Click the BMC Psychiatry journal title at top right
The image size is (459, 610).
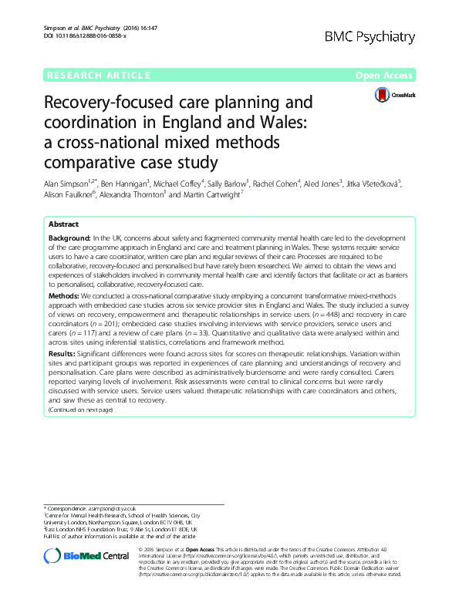[371, 36]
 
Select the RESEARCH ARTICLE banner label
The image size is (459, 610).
[98, 76]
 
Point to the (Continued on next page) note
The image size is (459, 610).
[80, 409]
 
